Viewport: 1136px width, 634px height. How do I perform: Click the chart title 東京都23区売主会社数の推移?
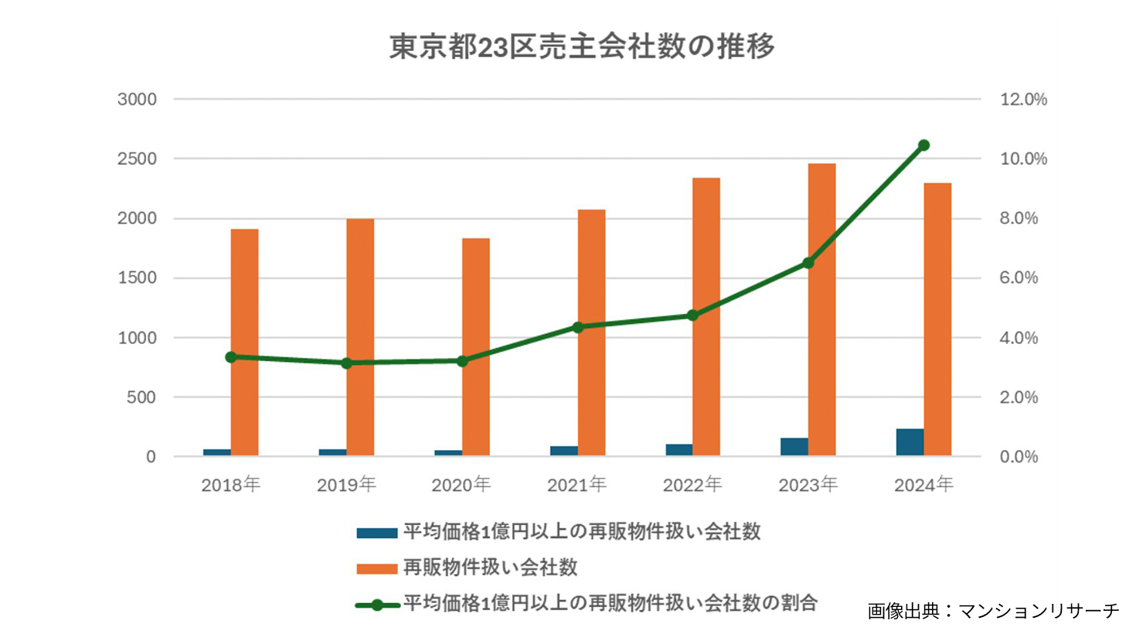(x=581, y=47)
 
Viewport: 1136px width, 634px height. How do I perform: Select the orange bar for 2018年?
(x=245, y=342)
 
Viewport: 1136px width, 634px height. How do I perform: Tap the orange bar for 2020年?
(x=476, y=346)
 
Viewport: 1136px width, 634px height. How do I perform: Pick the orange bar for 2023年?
(x=822, y=309)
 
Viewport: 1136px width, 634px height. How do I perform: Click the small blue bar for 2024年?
(x=910, y=441)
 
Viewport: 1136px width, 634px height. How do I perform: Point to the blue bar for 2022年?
(x=679, y=449)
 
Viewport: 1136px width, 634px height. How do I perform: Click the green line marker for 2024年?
(x=923, y=145)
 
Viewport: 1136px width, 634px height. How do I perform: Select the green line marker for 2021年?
(x=578, y=327)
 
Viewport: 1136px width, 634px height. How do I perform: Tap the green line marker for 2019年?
(x=347, y=363)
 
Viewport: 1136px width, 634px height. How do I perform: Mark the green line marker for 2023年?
(x=808, y=263)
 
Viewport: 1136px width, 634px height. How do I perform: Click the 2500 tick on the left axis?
(x=137, y=159)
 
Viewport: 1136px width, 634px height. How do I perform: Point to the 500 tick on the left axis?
(x=141, y=397)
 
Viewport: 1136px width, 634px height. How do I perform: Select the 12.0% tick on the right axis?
(x=1023, y=100)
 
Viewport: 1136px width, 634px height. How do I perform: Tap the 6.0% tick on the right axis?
(x=1019, y=278)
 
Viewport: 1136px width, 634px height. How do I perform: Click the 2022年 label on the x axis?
(x=692, y=485)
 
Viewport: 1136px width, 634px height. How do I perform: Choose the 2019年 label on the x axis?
(x=346, y=485)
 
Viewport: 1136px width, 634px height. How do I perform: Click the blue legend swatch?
(x=376, y=533)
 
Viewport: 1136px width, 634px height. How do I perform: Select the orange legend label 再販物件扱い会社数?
(x=490, y=568)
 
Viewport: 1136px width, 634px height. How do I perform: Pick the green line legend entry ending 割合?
(x=610, y=603)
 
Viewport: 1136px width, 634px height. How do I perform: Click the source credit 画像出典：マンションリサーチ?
(x=993, y=611)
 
